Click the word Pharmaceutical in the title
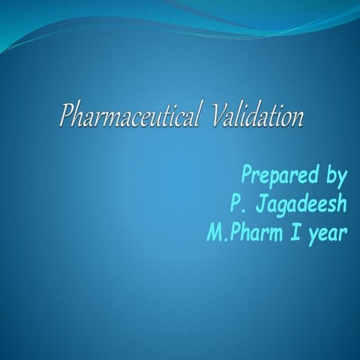(x=129, y=118)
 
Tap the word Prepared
(x=275, y=177)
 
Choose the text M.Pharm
(x=243, y=232)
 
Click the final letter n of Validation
(x=298, y=119)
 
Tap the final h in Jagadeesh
(x=341, y=204)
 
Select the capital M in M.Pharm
(x=213, y=232)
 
